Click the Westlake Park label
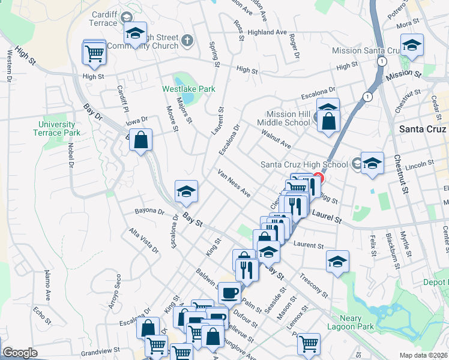[188, 89]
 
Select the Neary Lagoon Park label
[354, 323]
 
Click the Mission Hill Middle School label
[289, 118]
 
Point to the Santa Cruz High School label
[304, 164]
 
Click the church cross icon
[187, 41]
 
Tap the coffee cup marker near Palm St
[229, 293]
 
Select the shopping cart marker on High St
[95, 53]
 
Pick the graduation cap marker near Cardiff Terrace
[136, 34]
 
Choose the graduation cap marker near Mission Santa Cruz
[412, 45]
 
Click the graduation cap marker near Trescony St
[338, 261]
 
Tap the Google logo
[19, 353]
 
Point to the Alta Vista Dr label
[143, 241]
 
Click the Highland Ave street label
[268, 32]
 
